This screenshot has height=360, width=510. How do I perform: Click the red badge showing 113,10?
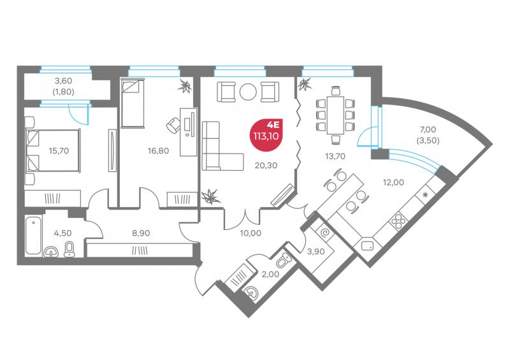point(266,134)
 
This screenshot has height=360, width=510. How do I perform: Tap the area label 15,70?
point(59,150)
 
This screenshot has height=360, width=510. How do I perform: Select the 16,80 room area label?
point(158,150)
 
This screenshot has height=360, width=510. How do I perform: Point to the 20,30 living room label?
point(266,165)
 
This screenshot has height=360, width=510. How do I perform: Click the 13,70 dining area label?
point(335,156)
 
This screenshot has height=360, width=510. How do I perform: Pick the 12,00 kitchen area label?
point(393,182)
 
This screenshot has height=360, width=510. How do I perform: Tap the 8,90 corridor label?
point(141,233)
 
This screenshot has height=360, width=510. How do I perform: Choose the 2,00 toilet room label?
point(270,274)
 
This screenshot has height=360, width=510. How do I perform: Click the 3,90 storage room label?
point(316,251)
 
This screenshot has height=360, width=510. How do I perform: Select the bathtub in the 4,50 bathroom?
point(34,235)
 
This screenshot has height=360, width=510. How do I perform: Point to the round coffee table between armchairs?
point(248,92)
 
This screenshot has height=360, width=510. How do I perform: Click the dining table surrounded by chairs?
point(335,115)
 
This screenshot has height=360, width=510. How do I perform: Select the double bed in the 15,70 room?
point(53,150)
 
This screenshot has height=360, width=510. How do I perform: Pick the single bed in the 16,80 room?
point(133,103)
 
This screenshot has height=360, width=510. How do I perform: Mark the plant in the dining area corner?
point(305,85)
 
